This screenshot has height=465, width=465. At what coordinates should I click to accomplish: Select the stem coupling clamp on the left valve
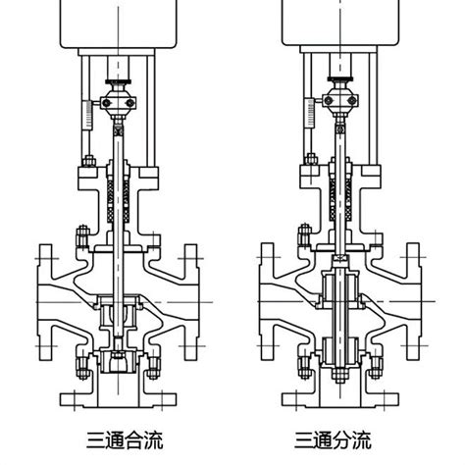click(x=118, y=101)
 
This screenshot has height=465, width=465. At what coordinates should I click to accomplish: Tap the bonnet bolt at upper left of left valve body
click(x=82, y=235)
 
